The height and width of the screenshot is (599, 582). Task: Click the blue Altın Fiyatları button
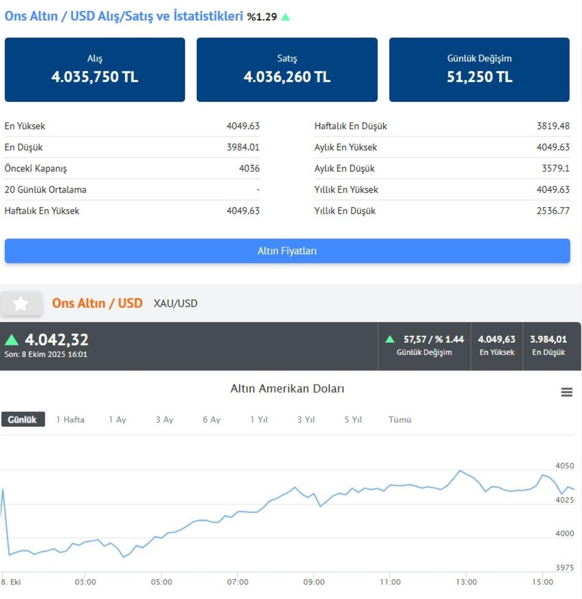[x=287, y=251]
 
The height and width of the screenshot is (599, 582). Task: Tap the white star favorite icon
[x=21, y=303]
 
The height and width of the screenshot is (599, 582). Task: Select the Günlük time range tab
[x=23, y=419]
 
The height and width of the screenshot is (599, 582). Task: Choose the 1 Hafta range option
[x=71, y=419]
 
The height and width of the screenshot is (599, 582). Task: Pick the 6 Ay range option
[x=212, y=419]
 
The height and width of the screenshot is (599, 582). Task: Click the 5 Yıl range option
[x=353, y=419]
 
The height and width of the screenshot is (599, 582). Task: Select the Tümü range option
[x=400, y=419]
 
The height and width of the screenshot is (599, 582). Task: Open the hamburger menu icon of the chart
[x=566, y=392]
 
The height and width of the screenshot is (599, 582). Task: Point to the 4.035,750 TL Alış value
[x=95, y=77]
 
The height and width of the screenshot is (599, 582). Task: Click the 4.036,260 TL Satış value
[x=287, y=77]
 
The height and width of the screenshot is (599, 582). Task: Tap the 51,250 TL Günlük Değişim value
[x=479, y=77]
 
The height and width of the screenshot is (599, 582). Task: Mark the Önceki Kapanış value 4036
[x=250, y=168]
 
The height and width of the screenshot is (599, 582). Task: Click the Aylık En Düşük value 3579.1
[x=556, y=168]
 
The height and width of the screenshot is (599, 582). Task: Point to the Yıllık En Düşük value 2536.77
[x=553, y=210]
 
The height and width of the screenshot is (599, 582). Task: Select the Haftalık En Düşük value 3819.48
[x=553, y=126]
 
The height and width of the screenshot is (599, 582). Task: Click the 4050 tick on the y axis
[x=565, y=466]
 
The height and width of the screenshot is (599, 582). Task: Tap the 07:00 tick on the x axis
[x=238, y=582]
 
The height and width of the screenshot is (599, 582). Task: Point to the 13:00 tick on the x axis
[x=466, y=582]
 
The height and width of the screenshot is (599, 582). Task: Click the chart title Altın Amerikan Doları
[x=287, y=389]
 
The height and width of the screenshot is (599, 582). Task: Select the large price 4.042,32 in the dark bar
[x=57, y=339]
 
